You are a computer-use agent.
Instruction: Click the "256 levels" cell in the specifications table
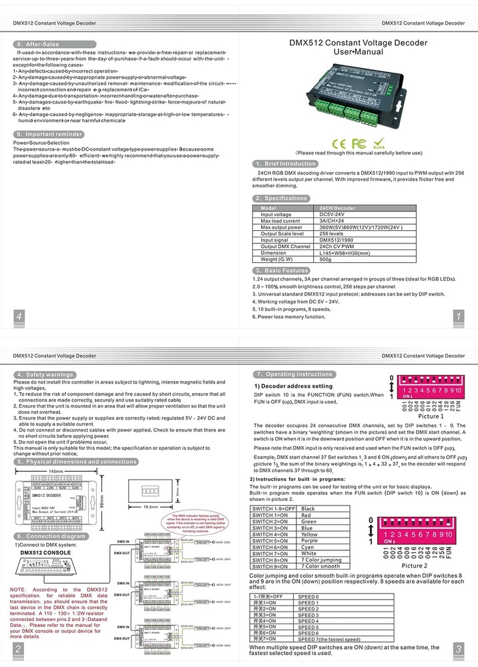331,234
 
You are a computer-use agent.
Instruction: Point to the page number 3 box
458,648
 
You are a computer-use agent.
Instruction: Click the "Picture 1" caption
431,416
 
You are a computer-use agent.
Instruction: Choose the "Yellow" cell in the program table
310,534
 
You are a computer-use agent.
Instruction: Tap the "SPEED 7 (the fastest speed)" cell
329,639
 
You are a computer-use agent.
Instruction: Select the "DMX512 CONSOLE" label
48,552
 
